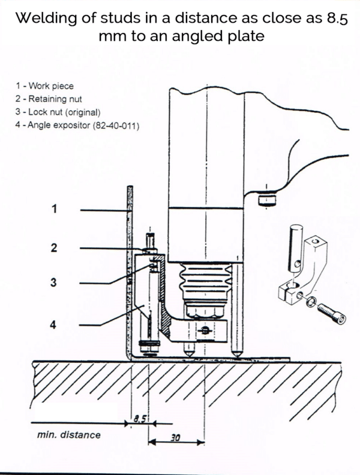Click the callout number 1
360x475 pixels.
coord(55,209)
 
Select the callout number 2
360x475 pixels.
coord(55,247)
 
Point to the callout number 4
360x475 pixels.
coord(55,324)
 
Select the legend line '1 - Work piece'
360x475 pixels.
coord(45,86)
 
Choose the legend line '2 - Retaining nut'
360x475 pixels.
coord(49,99)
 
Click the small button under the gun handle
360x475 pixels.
coord(264,199)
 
